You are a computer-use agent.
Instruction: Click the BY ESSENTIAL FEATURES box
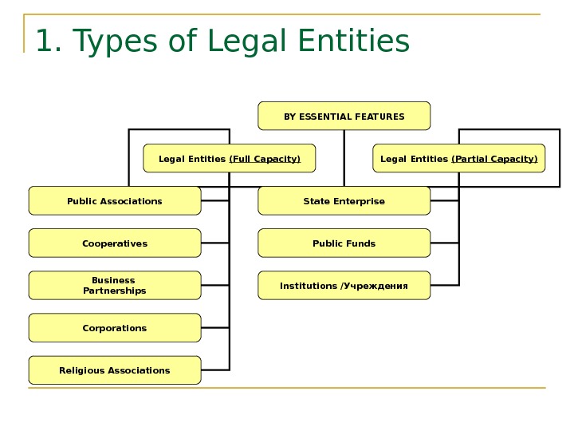[344, 116]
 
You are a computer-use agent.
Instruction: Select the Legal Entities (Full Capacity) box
[229, 158]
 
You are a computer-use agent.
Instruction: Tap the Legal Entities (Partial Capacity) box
[458, 158]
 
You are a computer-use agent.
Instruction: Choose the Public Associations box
[114, 201]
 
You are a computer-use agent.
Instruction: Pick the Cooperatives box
[114, 243]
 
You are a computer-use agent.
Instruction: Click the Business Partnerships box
[114, 286]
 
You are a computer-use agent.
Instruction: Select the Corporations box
[114, 328]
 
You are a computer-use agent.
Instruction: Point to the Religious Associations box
[114, 370]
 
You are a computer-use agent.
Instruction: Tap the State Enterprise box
[344, 201]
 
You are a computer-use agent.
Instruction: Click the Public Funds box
[344, 243]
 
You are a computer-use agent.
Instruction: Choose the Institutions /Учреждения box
[344, 286]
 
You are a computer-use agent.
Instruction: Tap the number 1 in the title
[43, 42]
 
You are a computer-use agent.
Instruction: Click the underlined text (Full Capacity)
[265, 159]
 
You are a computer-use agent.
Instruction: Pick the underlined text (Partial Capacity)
[494, 159]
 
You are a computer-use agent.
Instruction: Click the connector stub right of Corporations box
[215, 328]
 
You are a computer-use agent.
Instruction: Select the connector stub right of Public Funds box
[445, 243]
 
